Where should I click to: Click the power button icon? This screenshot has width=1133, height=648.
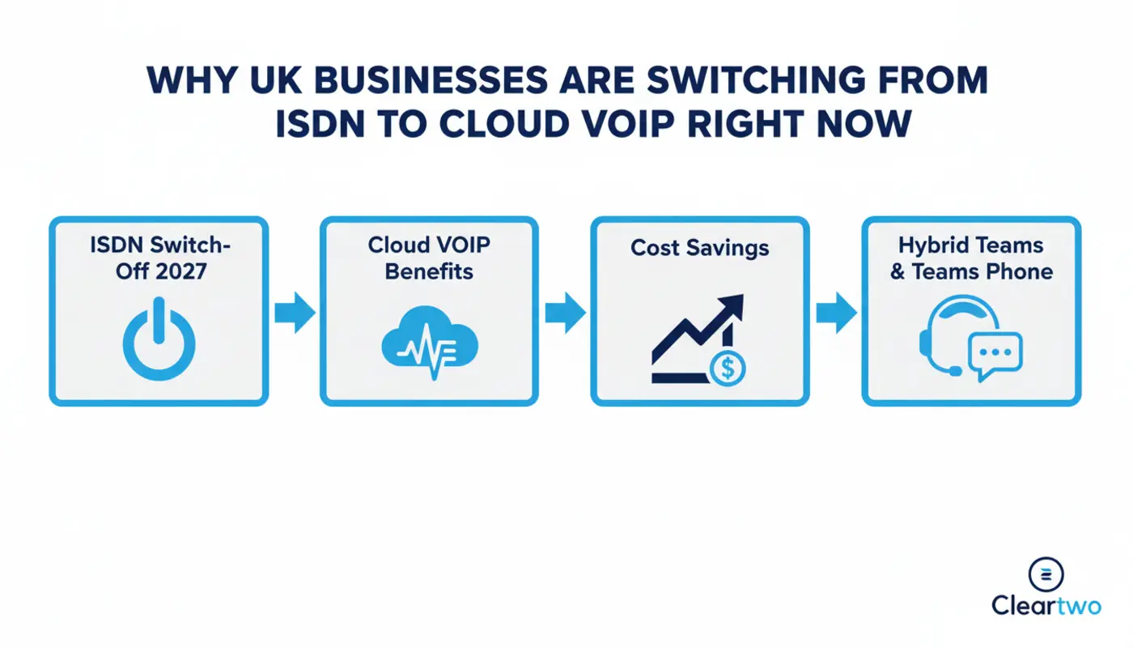coord(159,339)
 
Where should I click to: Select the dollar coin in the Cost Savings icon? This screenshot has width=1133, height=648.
coord(727,369)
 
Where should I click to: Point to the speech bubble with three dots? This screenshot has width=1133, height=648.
coord(995,355)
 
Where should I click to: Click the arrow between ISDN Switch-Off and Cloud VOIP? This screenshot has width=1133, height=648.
coord(294,313)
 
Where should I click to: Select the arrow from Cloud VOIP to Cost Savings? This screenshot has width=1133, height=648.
coord(564,313)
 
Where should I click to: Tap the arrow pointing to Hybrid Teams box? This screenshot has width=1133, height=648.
coord(835,313)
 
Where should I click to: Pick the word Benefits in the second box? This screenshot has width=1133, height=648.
coord(429,271)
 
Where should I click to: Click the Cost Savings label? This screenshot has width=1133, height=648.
coord(699,247)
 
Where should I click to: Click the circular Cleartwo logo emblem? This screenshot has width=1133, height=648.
coord(1045,574)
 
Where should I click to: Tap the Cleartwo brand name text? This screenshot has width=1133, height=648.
coord(1046,606)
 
